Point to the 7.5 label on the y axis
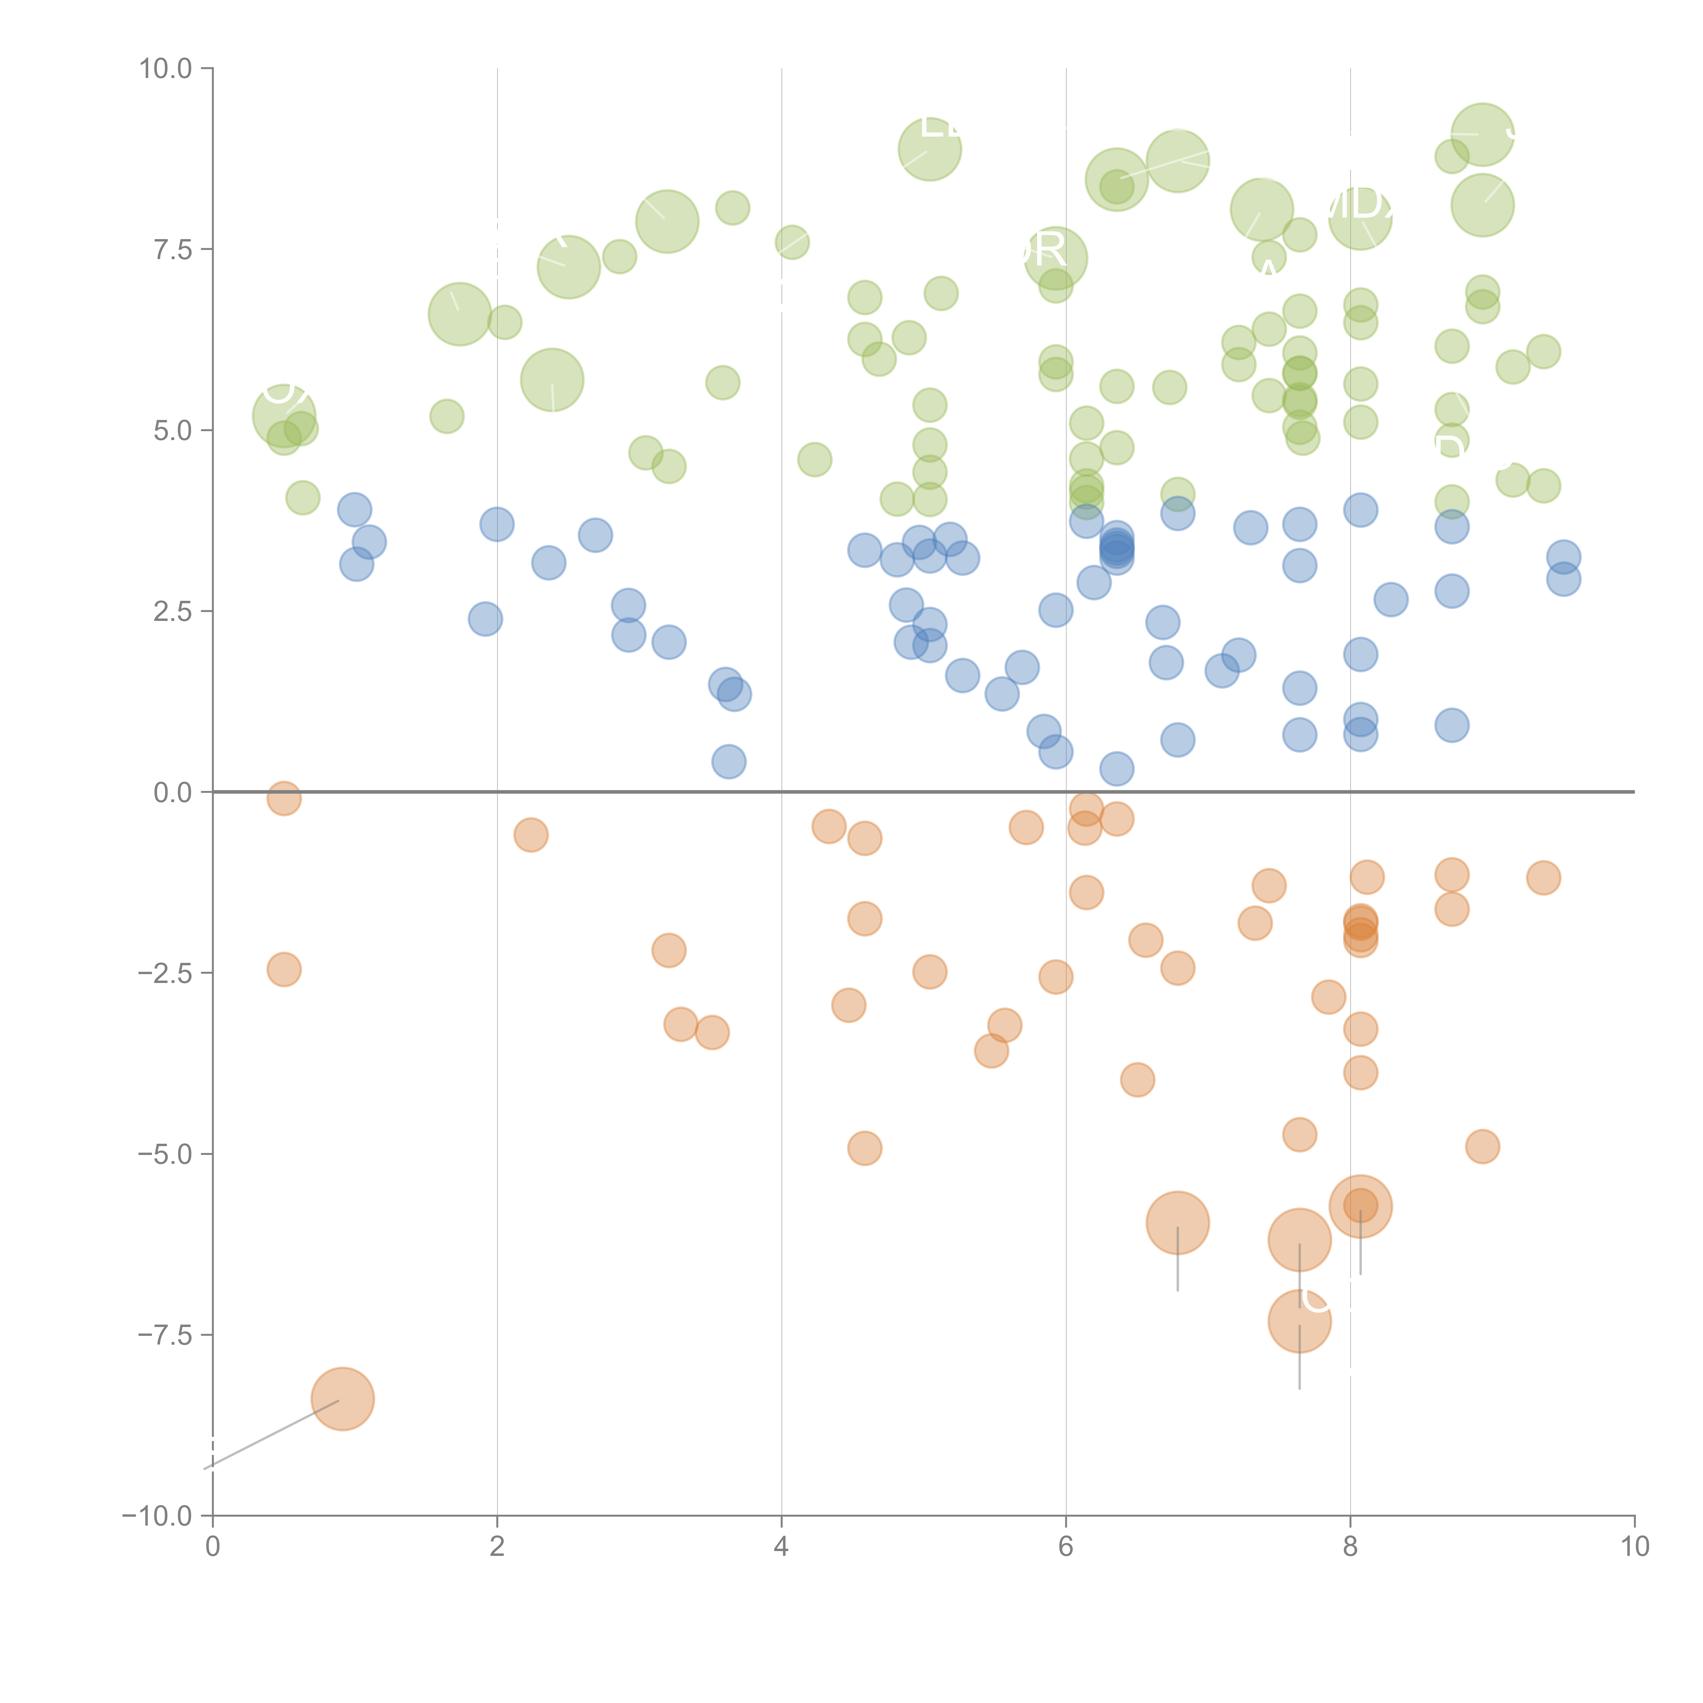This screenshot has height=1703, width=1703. click(172, 249)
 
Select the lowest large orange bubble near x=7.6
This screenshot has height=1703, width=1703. click(1299, 1321)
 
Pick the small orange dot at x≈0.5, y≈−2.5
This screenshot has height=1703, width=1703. click(284, 970)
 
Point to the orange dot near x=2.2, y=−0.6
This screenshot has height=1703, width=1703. click(531, 835)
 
